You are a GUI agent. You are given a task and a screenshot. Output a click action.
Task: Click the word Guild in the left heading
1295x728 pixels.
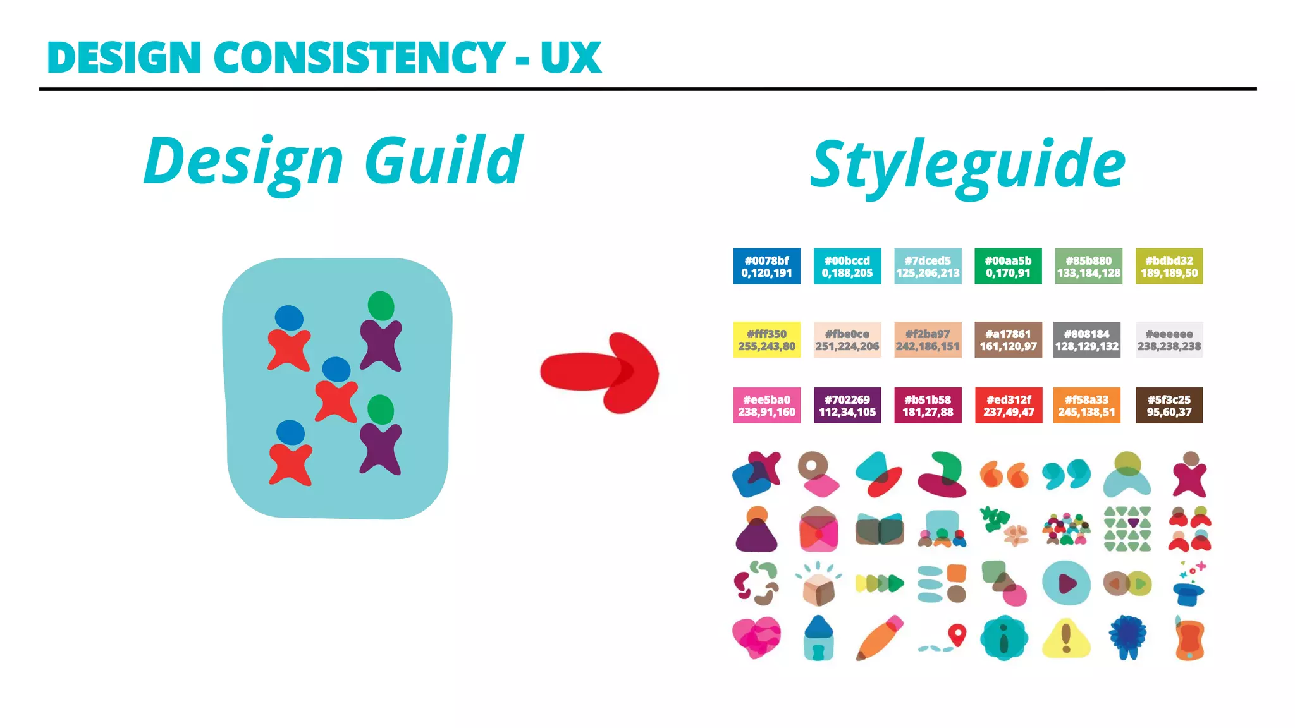coord(444,161)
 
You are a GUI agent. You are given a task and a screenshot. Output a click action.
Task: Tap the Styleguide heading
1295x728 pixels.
coord(967,164)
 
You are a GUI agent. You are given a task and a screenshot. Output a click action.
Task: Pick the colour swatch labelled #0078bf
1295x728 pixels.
coord(766,266)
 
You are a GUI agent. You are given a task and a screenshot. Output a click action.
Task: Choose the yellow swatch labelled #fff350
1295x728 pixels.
coord(766,340)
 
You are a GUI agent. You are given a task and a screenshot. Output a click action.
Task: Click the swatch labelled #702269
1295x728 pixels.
coord(847,405)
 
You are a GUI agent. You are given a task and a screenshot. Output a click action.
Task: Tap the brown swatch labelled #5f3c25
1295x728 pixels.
coord(1169,405)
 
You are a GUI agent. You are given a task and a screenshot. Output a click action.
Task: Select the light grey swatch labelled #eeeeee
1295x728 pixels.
coord(1169,340)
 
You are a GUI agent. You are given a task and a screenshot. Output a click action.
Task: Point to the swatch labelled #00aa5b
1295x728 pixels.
coord(1008,266)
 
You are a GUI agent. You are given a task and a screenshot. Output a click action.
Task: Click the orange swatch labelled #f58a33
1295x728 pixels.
coord(1086,405)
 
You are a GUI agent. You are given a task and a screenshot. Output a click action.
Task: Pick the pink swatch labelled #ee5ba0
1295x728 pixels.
coord(766,405)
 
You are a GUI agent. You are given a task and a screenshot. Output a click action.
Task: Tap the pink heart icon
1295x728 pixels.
coord(756,637)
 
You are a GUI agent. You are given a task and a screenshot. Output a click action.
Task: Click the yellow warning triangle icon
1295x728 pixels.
coord(1066,638)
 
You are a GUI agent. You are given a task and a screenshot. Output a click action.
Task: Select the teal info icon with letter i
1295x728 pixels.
coord(1003,638)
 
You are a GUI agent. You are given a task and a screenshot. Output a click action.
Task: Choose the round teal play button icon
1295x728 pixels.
coord(1066,583)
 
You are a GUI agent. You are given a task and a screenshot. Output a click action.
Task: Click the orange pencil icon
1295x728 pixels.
coord(879,637)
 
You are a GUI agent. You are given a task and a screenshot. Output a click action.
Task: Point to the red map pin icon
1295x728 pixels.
coord(957,634)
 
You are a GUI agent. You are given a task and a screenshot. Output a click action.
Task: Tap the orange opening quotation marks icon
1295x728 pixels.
coord(1003,475)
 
